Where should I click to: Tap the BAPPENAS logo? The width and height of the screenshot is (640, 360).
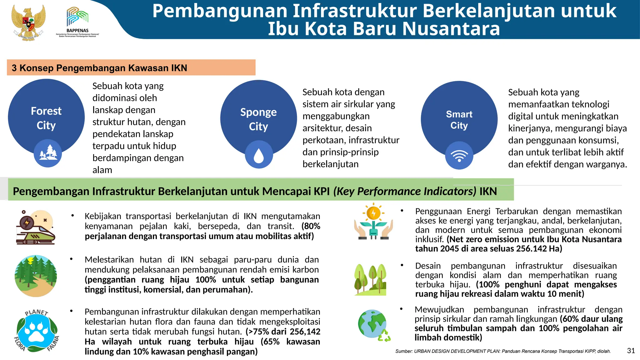pos(77,22)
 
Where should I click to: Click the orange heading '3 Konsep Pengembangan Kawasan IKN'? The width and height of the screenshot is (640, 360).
pos(100,68)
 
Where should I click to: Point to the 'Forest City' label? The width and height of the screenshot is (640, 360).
pos(46,118)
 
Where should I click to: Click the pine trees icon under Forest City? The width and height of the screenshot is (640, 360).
pos(48,153)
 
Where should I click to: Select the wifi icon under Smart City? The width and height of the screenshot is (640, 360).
pos(459,155)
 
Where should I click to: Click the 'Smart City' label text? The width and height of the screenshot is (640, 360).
pos(459,120)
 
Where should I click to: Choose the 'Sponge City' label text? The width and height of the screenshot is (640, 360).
pos(258,119)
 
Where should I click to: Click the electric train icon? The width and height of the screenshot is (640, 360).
pos(35,227)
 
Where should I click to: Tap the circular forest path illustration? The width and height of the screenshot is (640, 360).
pos(36,276)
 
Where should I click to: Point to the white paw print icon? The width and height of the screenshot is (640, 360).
pos(37,331)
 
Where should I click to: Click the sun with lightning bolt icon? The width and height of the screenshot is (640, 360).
pos(373,213)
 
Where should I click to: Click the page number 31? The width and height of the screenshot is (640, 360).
pos(631,351)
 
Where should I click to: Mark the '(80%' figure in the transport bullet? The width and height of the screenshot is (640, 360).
pos(311,226)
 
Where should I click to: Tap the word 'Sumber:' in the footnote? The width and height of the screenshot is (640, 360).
pos(404,351)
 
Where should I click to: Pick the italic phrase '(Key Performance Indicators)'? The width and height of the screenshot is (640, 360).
pos(405,191)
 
